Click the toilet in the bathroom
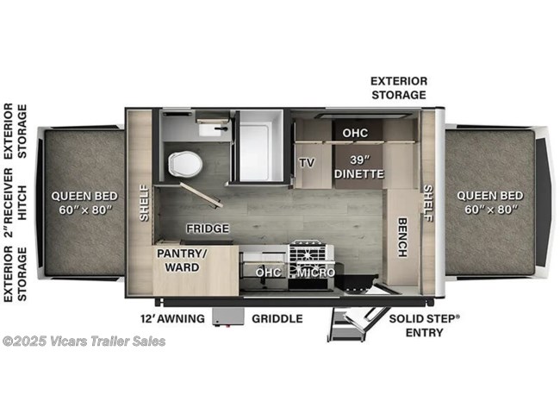tap(183, 162)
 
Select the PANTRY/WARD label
tap(182, 260)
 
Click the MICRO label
tap(316, 273)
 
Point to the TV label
tap(306, 162)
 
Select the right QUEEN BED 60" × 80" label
tap(488, 202)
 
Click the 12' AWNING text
tap(171, 318)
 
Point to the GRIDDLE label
tap(277, 318)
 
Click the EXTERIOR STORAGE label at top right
tap(399, 87)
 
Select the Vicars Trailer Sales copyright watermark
tap(84, 342)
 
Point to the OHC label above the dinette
tap(355, 134)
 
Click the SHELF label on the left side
tap(144, 202)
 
